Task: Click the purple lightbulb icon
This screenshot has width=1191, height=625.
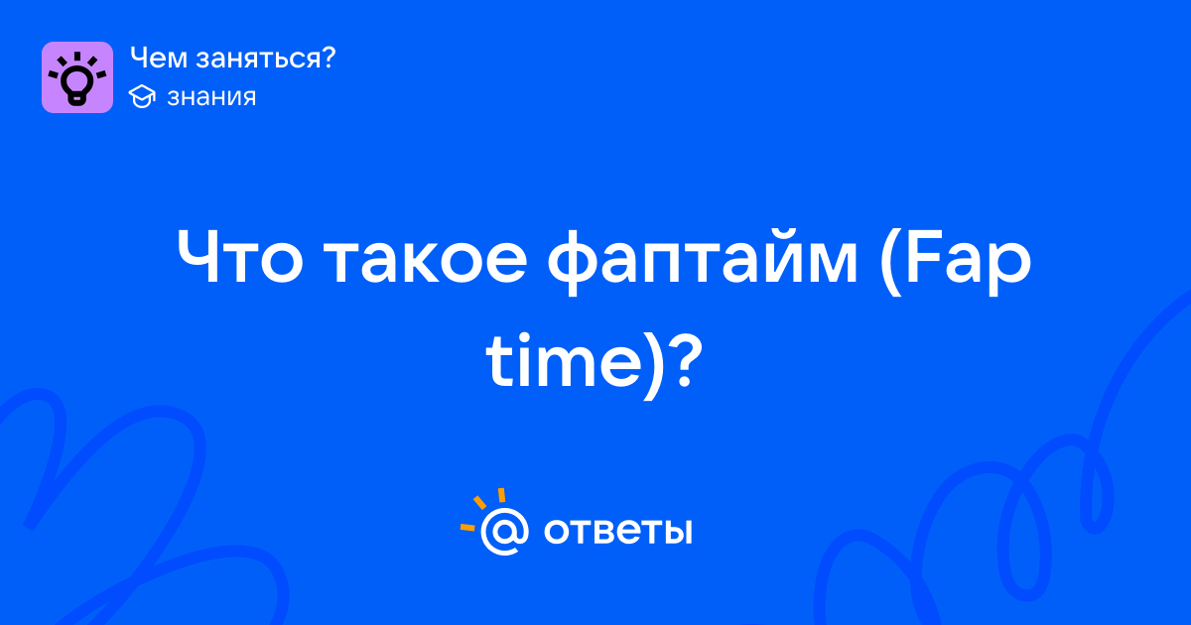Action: click(x=77, y=77)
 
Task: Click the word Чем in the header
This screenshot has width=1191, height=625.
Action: click(x=159, y=58)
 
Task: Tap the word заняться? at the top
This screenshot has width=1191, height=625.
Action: click(x=266, y=59)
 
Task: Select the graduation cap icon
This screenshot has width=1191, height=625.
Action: click(x=142, y=96)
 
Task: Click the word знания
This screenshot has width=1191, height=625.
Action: click(x=211, y=97)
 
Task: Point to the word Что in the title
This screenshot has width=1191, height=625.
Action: click(x=240, y=258)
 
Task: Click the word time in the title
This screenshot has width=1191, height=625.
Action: click(x=564, y=359)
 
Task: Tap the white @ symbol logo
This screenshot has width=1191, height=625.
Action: click(x=504, y=531)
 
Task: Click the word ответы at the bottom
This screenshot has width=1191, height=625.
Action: click(x=617, y=531)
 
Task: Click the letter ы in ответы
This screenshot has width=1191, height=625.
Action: click(x=679, y=532)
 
